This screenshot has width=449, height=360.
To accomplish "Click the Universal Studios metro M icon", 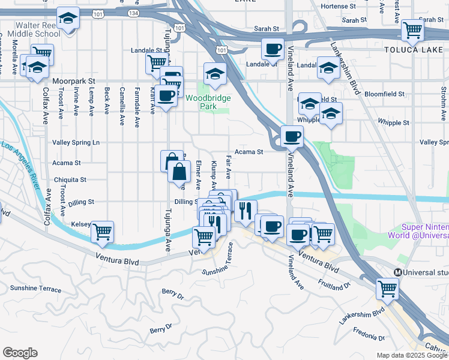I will coord(397,272).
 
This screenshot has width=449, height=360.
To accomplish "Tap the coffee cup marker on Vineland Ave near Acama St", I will coord(292,137).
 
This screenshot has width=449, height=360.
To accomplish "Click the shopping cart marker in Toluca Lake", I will coord(412,29).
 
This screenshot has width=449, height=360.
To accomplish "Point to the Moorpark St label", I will coord(74,80).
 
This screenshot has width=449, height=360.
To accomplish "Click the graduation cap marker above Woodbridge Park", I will coord(214,74).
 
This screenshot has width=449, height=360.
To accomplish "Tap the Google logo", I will coord(20,353).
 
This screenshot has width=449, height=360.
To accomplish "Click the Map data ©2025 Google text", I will coord(412,355).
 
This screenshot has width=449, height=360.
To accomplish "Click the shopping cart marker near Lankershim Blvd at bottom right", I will coord(387,289).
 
